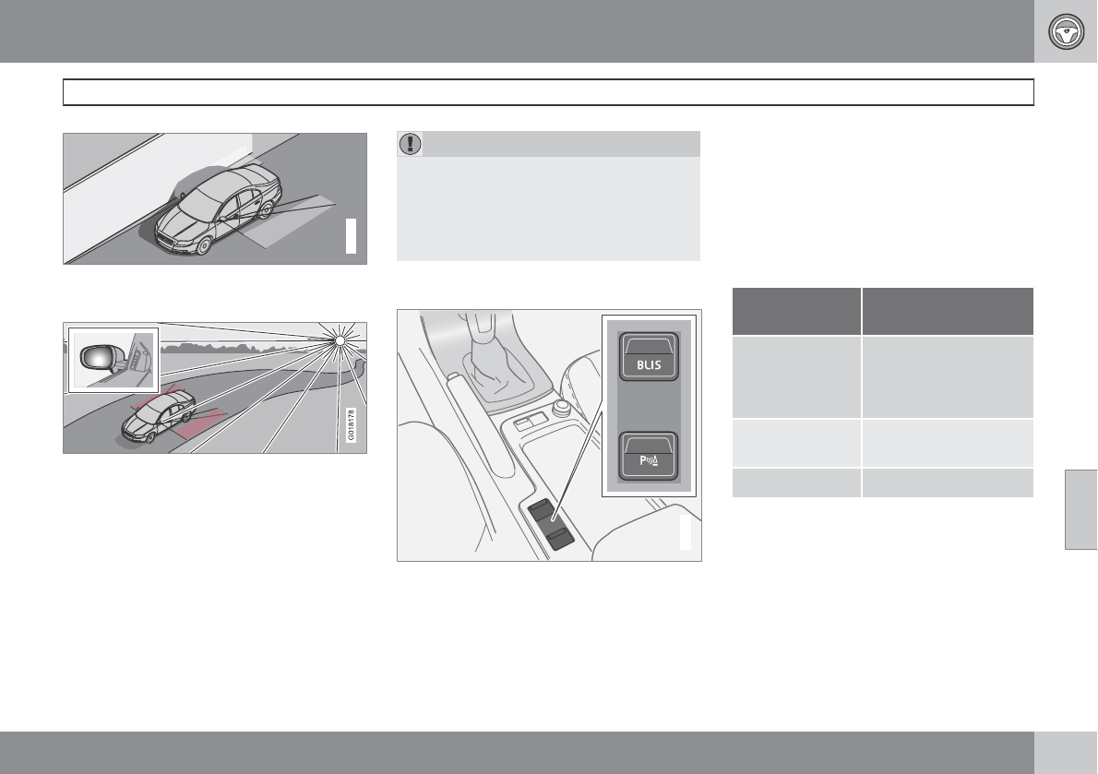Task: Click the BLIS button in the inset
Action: pos(649,356)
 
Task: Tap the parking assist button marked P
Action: pos(649,457)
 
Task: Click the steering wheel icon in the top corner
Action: pos(1066,31)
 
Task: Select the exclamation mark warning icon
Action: pos(410,144)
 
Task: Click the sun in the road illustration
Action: pos(340,340)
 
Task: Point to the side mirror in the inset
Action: pos(97,358)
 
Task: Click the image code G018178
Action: pos(351,424)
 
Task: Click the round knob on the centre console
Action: pos(561,407)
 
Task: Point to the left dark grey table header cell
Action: pos(796,312)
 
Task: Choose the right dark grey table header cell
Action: pos(948,312)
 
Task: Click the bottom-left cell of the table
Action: pos(796,482)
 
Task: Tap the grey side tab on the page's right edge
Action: pos(1080,509)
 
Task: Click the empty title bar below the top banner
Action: pos(548,92)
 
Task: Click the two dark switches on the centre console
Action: pos(551,524)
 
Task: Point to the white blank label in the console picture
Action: pos(686,532)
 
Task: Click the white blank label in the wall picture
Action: pos(351,236)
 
